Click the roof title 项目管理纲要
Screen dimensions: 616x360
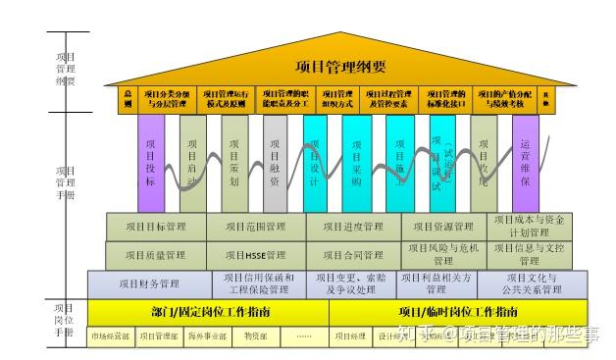tap(340, 67)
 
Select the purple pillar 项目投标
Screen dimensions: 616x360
tap(150, 163)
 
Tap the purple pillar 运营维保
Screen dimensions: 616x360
tap(526, 163)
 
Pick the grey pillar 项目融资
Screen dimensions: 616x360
tap(275, 163)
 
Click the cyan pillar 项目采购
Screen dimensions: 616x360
tap(356, 163)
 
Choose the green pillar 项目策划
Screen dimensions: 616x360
tap(234, 163)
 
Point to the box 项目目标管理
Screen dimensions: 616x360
tap(156, 227)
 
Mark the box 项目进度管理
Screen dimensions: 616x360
tap(353, 227)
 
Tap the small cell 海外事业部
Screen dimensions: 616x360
tap(207, 336)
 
